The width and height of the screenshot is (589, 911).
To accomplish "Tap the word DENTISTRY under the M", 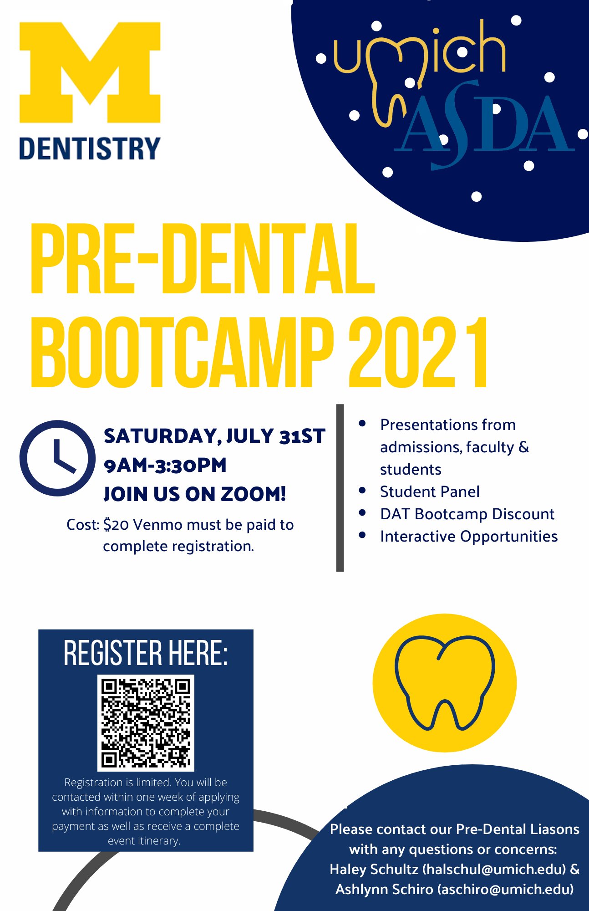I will click(90, 149).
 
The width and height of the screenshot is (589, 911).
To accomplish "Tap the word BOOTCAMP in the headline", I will click(182, 352).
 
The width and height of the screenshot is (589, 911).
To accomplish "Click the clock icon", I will click(57, 458).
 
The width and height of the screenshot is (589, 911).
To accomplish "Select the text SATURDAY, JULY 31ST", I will click(214, 436).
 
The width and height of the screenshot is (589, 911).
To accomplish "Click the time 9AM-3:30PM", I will click(165, 466).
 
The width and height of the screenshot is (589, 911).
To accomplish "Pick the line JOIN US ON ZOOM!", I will click(195, 494).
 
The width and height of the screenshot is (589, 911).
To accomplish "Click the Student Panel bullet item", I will click(430, 492).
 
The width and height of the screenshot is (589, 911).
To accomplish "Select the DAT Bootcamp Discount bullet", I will click(467, 514).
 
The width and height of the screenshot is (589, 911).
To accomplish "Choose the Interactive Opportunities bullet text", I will click(469, 537).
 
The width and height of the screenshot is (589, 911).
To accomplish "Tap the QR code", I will click(146, 723).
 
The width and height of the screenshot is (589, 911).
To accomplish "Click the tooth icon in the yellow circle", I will click(444, 682).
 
